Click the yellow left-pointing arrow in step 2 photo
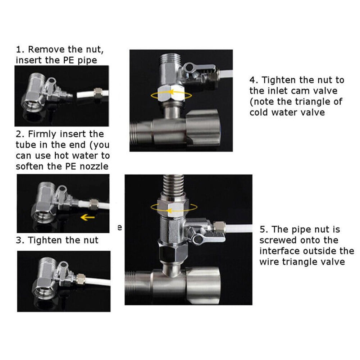pos(87,217)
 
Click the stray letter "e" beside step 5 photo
pos(120,228)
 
